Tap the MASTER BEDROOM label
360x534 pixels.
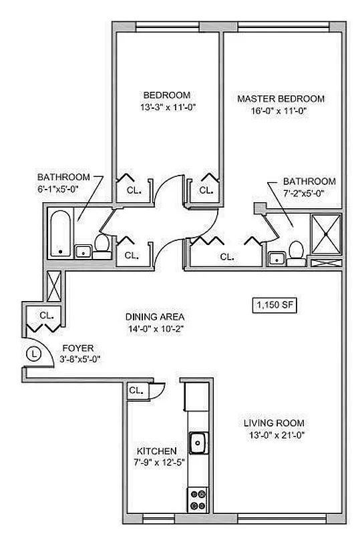point(281,99)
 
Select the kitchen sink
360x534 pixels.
point(198,441)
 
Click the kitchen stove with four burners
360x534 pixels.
point(198,497)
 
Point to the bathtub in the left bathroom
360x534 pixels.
point(59,233)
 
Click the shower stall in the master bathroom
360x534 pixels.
point(327,234)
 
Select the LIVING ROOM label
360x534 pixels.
point(274,423)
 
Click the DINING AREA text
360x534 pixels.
point(155,316)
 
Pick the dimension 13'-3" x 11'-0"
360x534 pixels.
point(166,107)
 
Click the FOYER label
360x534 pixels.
point(77,348)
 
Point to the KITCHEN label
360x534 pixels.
point(157,451)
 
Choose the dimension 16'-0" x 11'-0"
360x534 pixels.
point(281,111)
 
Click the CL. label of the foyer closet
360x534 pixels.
point(46,314)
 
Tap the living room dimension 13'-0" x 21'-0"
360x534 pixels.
point(274,435)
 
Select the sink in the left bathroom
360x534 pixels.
point(83,251)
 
